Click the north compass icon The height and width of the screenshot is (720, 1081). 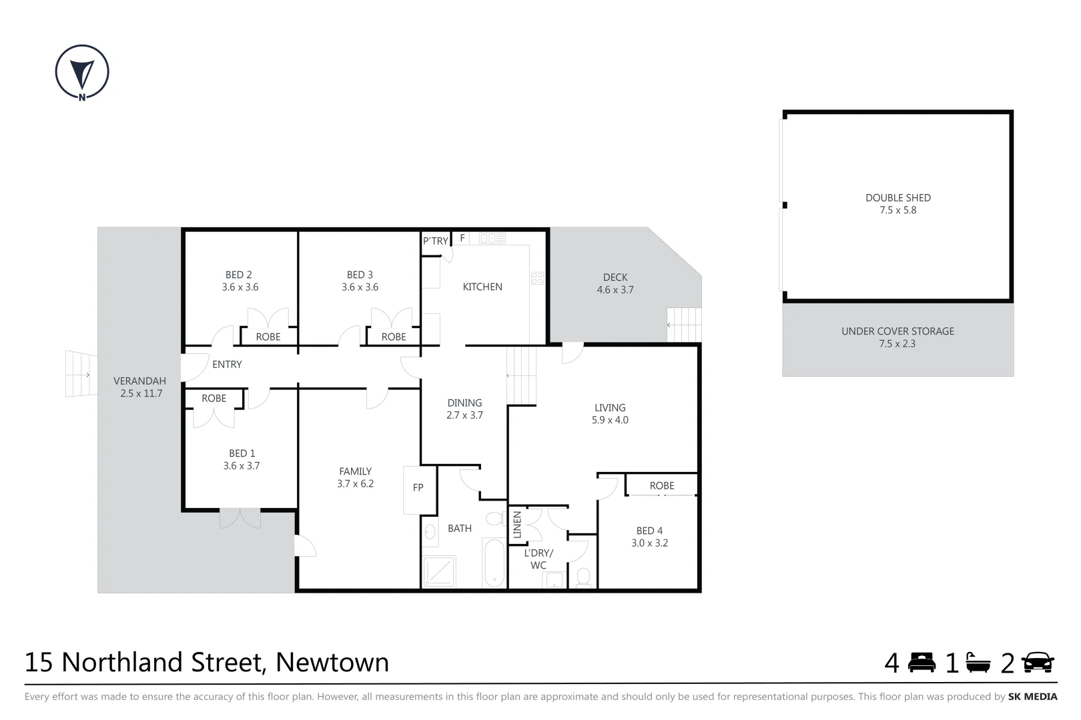tap(82, 72)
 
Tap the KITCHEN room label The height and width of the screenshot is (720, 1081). tap(482, 287)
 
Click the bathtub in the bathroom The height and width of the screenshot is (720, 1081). tap(494, 563)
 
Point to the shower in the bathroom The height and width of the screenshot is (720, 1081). tap(439, 573)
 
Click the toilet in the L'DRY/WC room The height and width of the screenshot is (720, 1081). tap(583, 577)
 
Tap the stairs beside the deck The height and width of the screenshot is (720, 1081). tap(685, 325)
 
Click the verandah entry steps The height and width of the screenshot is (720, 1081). tap(81, 374)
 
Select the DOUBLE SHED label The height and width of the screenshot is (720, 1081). tap(897, 198)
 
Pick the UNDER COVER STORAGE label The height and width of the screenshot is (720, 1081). tap(897, 331)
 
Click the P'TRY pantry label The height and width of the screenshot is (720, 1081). tap(435, 241)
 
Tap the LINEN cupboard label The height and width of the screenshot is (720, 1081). tap(517, 525)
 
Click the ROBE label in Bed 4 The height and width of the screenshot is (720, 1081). tap(662, 486)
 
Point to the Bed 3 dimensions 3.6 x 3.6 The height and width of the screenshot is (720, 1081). tap(360, 287)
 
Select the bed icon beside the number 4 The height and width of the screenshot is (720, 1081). tap(922, 663)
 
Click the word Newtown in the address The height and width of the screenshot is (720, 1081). tap(332, 663)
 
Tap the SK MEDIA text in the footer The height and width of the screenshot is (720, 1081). tap(1032, 697)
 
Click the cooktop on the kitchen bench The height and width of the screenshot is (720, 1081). tap(537, 279)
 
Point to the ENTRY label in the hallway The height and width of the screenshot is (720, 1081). tap(227, 365)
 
